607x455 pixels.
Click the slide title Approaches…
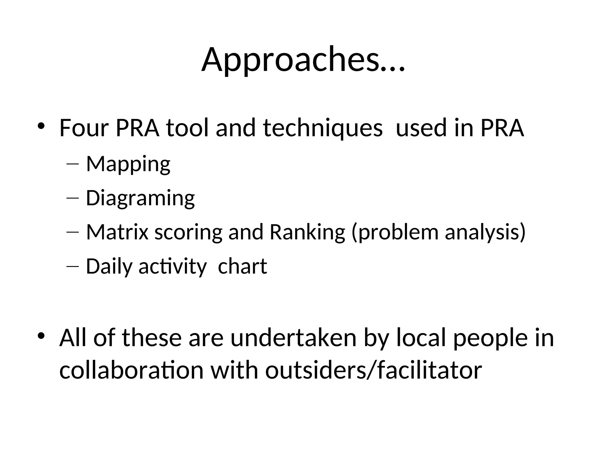coord(303,60)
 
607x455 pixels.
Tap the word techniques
coord(322,129)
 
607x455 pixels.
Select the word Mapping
coord(128,164)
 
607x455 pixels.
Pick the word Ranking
coord(307,233)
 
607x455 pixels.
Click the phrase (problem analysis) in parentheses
coord(438,233)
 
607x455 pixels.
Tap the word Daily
coord(109,267)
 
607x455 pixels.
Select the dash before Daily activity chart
coord(73,266)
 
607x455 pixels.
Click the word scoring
coord(188,233)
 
